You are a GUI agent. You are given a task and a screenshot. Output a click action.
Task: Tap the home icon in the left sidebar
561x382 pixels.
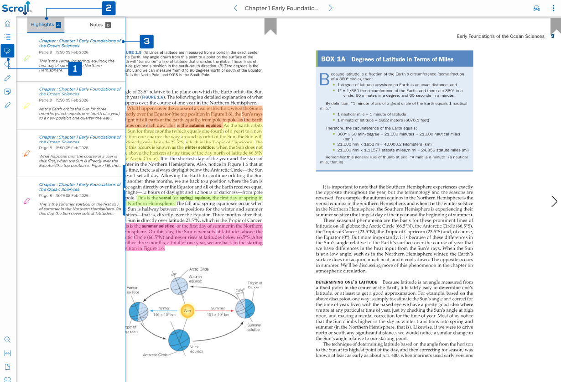(7, 24)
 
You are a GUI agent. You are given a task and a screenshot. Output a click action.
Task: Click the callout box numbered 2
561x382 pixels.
(108, 8)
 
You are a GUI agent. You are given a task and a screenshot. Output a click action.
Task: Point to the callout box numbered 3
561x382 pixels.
(146, 42)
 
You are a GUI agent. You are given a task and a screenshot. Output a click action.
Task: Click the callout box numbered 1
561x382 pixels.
(75, 69)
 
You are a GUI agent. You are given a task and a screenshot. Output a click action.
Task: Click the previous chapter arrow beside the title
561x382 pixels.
(235, 8)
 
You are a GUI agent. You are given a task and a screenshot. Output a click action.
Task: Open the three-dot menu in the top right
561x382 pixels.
(553, 8)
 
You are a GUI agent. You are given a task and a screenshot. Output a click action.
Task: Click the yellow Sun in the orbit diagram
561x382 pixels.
(187, 311)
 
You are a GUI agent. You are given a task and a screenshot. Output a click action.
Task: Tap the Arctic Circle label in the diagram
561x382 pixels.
(199, 269)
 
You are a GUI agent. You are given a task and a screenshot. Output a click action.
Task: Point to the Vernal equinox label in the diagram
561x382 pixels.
(196, 349)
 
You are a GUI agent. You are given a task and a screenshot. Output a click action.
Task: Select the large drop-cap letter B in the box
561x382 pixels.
(324, 79)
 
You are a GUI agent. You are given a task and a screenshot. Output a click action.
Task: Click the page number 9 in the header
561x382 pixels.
(552, 36)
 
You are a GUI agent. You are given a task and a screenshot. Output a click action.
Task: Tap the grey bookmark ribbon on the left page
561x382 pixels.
(270, 26)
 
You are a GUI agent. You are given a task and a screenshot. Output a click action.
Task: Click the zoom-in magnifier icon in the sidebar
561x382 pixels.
(7, 340)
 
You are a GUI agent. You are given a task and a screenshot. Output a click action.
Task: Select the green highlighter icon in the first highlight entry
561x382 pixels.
(26, 58)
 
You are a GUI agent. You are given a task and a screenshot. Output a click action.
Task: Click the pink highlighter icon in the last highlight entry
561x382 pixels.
(26, 201)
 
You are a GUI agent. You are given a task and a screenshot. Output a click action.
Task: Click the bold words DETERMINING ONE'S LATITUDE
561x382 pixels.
(346, 283)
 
